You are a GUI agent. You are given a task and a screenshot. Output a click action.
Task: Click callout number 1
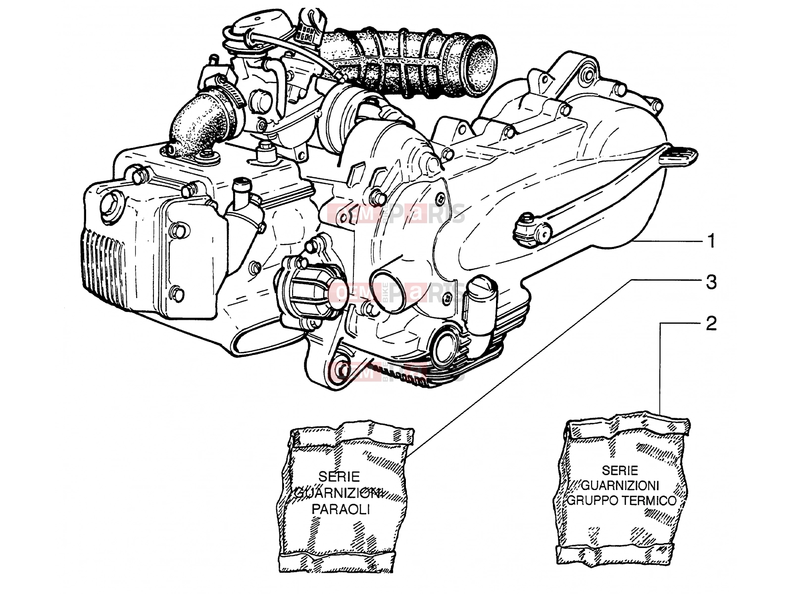711,241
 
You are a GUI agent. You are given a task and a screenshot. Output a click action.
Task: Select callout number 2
711,324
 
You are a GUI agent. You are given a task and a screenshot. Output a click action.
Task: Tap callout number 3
711,282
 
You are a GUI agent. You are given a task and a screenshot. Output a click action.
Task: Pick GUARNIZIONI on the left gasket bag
339,493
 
